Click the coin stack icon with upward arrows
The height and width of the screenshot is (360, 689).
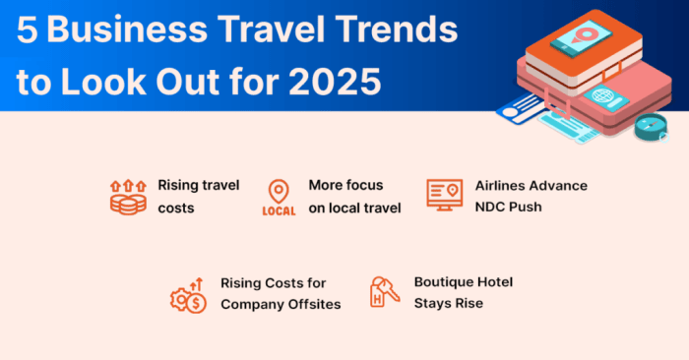127,196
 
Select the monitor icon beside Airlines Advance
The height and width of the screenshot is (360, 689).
444,194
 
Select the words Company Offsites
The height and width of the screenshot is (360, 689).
281,304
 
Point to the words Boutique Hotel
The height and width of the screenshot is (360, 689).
463,282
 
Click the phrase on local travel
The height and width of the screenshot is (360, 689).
354,208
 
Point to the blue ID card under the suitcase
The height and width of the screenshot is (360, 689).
520,111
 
